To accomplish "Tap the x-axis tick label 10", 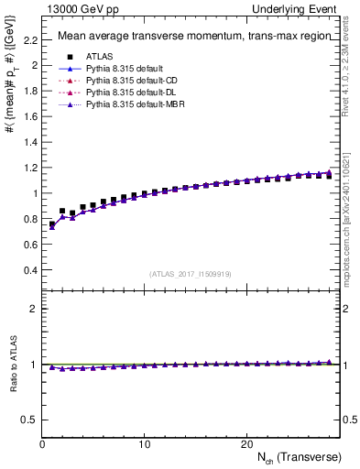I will (x=144, y=444).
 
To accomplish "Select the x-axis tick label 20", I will (x=245, y=444).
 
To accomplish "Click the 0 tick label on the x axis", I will (x=42, y=444).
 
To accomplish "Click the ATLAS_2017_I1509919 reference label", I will (x=189, y=273).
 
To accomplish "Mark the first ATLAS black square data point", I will (x=52, y=224).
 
